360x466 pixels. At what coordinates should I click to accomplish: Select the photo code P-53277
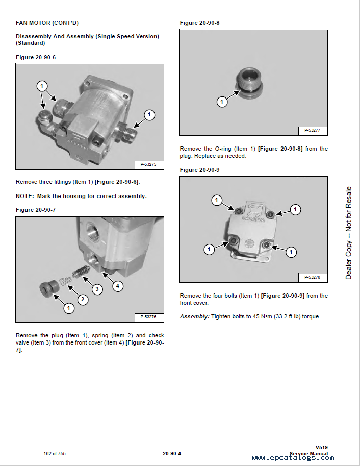[x=312, y=130]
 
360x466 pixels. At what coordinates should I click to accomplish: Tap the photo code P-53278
[x=312, y=277]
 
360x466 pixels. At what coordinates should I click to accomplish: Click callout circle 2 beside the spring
[x=82, y=299]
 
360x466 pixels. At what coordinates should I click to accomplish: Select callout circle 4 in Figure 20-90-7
[x=117, y=286]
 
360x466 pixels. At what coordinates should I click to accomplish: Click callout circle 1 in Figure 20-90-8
[x=222, y=102]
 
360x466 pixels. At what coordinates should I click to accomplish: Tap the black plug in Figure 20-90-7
[x=49, y=289]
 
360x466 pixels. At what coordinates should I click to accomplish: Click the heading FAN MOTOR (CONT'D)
[x=47, y=23]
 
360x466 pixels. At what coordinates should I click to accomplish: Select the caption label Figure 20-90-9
[x=199, y=170]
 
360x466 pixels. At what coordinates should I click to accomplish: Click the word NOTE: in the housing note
[x=24, y=196]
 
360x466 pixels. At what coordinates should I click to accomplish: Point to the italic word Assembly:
[x=194, y=316]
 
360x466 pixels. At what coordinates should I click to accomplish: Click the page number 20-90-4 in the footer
[x=173, y=454]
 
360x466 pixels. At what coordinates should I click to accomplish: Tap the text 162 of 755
[x=55, y=454]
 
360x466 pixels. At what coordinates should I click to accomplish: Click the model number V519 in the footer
[x=321, y=448]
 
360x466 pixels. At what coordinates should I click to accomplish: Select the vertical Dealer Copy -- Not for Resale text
[x=349, y=233]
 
